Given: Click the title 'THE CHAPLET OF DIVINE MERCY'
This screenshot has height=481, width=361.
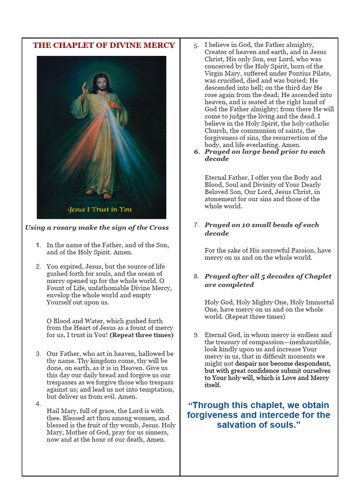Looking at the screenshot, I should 103,46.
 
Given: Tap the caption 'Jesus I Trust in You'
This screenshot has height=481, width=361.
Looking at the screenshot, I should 100,209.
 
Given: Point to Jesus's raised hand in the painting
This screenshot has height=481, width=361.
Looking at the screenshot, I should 85,88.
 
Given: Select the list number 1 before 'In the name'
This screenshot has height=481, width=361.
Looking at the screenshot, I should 39,245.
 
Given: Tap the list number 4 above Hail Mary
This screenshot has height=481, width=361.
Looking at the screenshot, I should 38,403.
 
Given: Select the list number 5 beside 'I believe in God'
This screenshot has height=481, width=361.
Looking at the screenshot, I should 196,45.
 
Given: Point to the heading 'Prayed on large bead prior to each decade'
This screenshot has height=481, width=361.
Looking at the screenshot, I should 265,155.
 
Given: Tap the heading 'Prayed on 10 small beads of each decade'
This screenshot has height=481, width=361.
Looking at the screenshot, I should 261,229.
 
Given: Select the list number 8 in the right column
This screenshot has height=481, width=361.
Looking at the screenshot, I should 196,276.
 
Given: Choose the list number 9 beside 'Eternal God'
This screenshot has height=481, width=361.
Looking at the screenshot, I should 196,335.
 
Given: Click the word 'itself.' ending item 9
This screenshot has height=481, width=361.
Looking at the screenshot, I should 212,385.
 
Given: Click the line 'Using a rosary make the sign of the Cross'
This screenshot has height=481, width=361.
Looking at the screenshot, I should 97,228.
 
